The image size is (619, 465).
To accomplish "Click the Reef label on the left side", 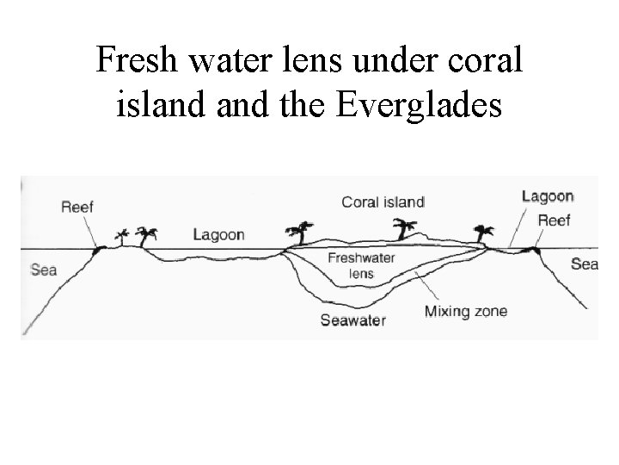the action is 77,207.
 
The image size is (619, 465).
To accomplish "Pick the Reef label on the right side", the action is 554,220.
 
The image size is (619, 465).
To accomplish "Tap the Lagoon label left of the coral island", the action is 218,233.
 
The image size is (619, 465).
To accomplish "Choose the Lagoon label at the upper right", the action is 548,196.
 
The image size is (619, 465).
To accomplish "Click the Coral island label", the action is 383,202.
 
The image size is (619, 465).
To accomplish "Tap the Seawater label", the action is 353,320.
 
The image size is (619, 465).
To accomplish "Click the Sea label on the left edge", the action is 43,270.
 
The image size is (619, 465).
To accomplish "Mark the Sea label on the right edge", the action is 584,263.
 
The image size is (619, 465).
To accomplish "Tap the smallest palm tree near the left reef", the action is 121,236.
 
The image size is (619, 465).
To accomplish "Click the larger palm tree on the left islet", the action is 148,235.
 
